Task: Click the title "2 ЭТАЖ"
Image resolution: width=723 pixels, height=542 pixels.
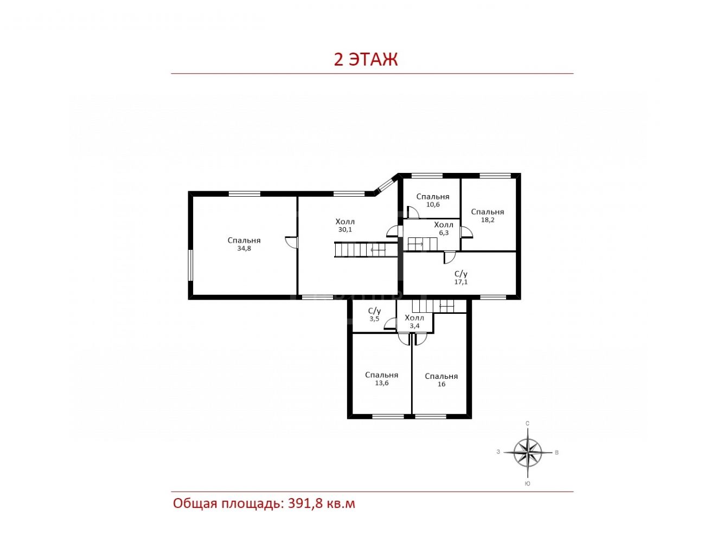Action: click(366, 59)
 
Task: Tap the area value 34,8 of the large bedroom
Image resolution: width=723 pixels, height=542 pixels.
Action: click(244, 248)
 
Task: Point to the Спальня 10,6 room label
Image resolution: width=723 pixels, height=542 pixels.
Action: click(433, 201)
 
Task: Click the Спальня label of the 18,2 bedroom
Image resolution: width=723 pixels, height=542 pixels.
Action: click(488, 212)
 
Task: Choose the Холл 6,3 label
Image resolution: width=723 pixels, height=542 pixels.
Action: click(444, 229)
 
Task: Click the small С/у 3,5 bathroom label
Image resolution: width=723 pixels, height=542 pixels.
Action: click(374, 314)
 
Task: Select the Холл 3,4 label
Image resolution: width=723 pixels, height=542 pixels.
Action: click(414, 322)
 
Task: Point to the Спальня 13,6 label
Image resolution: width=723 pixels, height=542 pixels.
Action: click(382, 379)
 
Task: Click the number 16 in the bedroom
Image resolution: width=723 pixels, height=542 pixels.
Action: click(442, 384)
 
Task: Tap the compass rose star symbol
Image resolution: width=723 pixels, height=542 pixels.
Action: click(528, 453)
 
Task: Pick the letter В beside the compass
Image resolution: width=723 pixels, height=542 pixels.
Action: click(556, 453)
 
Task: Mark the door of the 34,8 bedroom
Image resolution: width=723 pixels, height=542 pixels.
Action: click(291, 242)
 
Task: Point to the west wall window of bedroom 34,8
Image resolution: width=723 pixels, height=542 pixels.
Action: click(191, 265)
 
